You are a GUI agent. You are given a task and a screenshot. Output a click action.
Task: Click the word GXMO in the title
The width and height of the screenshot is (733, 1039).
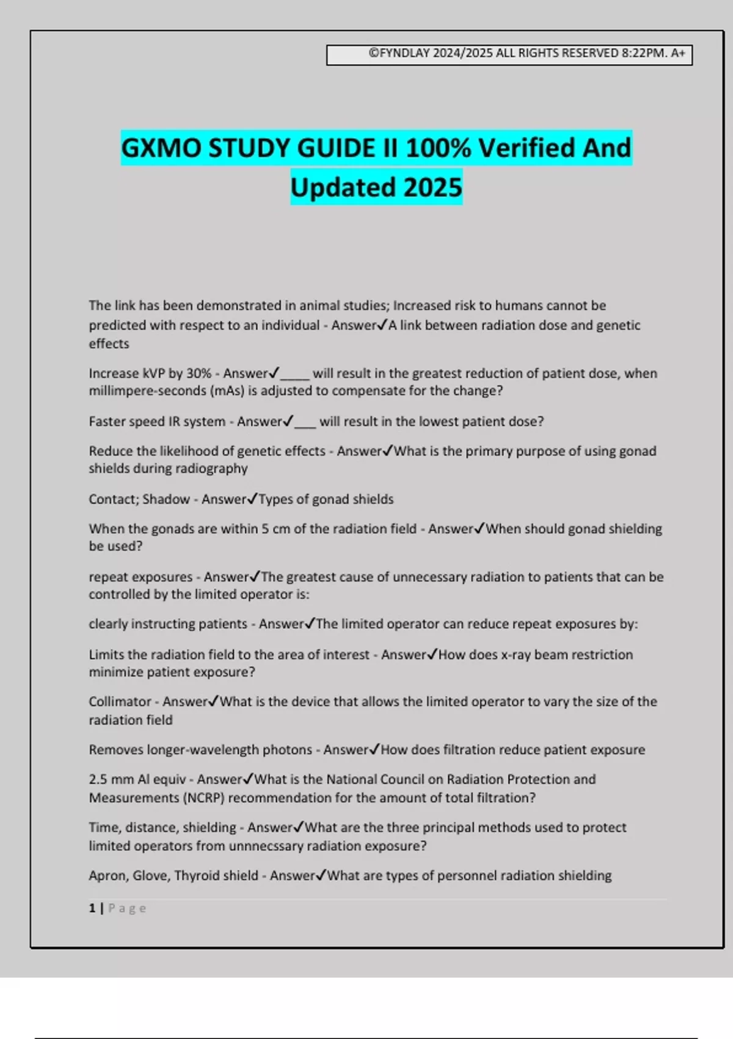(x=161, y=149)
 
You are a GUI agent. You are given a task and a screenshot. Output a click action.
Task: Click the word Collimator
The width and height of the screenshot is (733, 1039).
(x=120, y=702)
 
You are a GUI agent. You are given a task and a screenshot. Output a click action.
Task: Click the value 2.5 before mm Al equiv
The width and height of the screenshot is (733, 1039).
(x=98, y=779)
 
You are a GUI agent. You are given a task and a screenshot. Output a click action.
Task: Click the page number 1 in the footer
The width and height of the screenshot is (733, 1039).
(x=92, y=908)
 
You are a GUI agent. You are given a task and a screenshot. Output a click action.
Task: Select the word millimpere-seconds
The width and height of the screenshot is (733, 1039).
(x=147, y=391)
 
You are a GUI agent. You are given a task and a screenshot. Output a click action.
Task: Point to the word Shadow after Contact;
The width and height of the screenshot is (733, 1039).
(x=166, y=499)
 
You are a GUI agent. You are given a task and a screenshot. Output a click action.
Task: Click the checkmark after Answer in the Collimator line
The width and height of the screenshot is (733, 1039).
(x=213, y=701)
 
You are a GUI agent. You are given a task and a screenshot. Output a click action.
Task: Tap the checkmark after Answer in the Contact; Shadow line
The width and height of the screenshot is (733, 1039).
(x=252, y=499)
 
